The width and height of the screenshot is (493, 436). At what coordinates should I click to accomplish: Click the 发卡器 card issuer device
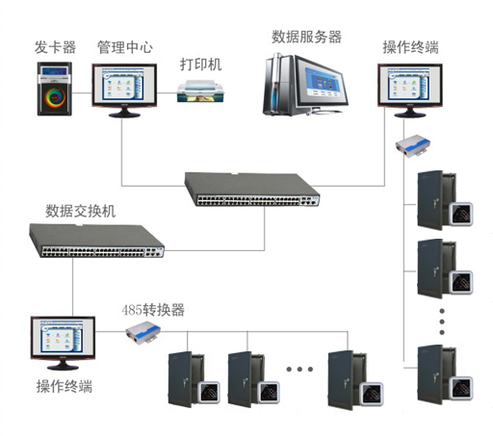(x=55, y=89)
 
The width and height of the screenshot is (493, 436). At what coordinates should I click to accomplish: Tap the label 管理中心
(x=125, y=47)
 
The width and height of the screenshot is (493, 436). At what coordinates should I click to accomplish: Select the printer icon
(x=200, y=91)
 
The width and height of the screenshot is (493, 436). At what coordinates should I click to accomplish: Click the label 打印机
(x=200, y=64)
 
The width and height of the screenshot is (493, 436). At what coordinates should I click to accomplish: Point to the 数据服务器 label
(x=306, y=37)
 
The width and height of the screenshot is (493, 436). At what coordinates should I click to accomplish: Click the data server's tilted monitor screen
(x=321, y=83)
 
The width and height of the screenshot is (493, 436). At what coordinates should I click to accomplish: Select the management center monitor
(x=124, y=90)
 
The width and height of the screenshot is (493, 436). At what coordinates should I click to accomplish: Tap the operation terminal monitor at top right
(x=410, y=90)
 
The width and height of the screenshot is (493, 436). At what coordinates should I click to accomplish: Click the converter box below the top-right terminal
(x=413, y=146)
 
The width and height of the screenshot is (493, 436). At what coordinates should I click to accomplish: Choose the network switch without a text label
(x=252, y=190)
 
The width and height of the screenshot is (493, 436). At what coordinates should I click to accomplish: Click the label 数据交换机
(x=80, y=211)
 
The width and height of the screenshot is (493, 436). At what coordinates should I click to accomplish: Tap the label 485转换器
(x=153, y=310)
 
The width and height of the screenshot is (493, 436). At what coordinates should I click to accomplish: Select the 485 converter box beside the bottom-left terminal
(x=143, y=332)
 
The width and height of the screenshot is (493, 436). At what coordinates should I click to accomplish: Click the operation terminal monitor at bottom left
(x=63, y=344)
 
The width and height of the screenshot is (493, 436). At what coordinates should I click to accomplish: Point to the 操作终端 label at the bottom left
(x=65, y=386)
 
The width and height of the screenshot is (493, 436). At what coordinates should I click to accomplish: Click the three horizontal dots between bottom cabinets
(x=299, y=370)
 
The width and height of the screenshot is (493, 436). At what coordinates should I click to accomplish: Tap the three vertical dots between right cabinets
(x=442, y=321)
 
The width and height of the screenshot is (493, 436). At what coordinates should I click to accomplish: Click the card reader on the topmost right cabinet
(x=461, y=214)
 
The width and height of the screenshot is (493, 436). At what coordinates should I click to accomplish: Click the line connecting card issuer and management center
(x=82, y=93)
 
